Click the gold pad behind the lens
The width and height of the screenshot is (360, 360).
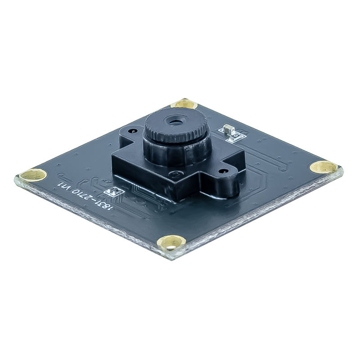pos(185,104)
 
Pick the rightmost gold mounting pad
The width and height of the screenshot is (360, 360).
pos(324,167)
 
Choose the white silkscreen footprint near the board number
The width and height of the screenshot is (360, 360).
pos(114,192)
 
